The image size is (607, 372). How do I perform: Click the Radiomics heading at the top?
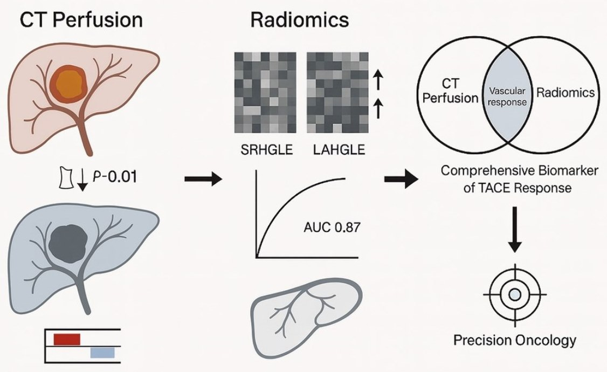pos(299,20)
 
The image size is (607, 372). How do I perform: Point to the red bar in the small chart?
pos(67,339)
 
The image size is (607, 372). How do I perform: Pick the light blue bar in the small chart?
pos(102,353)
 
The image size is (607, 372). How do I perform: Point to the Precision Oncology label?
pos(514,341)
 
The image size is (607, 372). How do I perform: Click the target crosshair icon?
pos(515,294)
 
